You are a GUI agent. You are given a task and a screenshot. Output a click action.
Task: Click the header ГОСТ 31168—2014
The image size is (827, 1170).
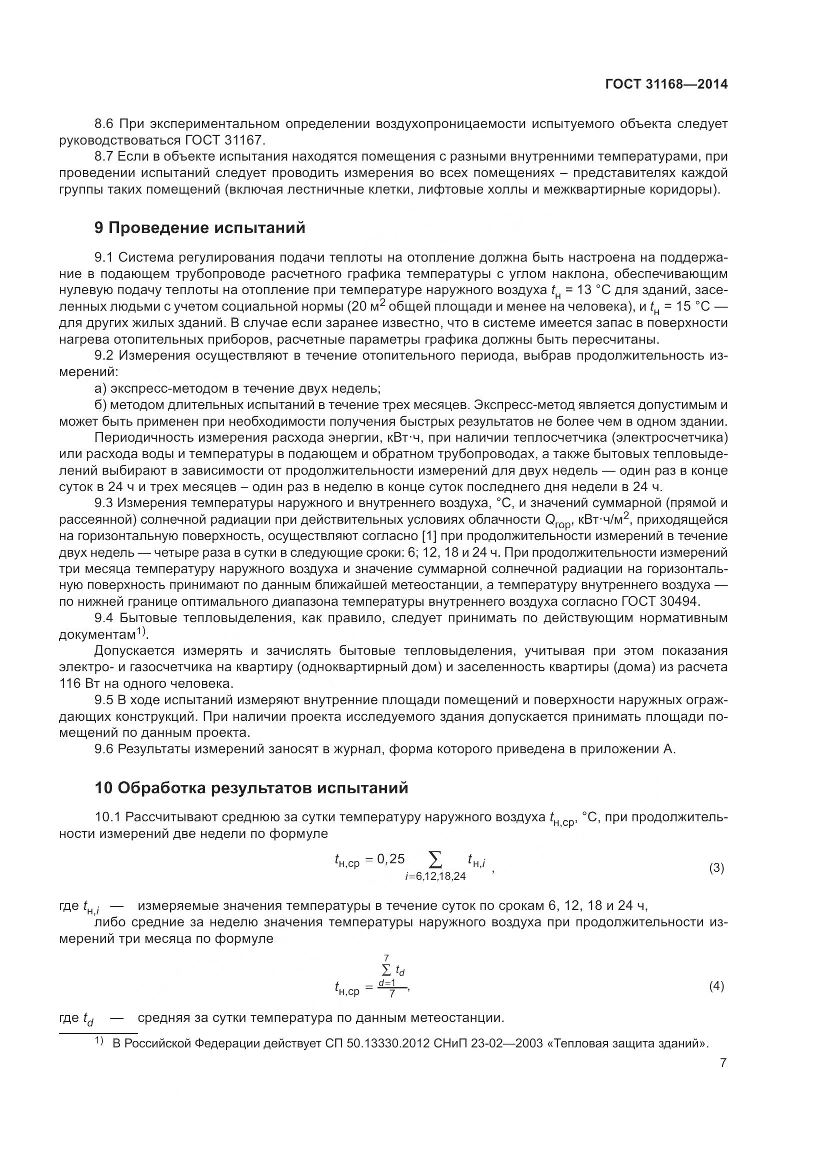666,85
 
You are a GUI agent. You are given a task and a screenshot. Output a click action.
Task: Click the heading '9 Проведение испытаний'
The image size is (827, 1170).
200,228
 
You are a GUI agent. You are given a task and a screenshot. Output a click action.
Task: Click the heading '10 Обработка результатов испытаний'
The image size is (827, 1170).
251,788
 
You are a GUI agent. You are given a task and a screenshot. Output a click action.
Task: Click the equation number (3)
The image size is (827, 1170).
716,868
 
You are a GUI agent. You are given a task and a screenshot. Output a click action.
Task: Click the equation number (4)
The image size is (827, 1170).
716,986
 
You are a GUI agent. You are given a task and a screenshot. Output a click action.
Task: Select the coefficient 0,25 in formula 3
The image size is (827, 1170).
390,859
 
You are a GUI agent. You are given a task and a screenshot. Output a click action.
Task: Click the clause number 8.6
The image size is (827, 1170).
106,124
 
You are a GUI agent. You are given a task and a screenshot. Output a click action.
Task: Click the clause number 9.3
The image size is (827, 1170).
106,503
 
